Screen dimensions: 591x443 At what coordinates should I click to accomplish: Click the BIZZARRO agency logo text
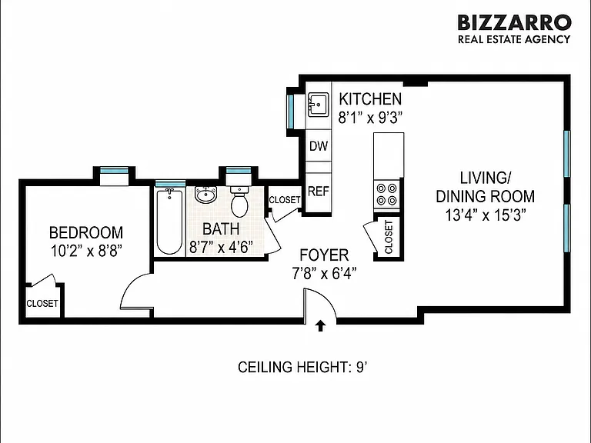pos(514,22)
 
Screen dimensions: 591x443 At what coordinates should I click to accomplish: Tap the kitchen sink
pos(319,105)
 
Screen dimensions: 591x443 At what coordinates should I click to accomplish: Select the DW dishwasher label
pos(319,146)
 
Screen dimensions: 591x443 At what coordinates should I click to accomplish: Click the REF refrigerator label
pos(319,192)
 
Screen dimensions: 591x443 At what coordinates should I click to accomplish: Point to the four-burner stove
pos(387,194)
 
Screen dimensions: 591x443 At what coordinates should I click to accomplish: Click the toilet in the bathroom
pos(239,202)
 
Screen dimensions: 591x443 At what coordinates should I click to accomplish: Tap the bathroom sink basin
pos(205,195)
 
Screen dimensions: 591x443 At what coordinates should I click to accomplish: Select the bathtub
pos(169,221)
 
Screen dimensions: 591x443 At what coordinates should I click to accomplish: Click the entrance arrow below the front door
pos(320,326)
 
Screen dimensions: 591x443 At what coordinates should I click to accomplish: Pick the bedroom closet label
pos(42,303)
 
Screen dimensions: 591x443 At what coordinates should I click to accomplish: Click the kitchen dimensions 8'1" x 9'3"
pos(369,118)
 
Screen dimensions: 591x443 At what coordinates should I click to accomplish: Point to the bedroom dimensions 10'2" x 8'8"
pos(86,251)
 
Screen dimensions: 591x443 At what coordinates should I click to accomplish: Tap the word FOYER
pos(324,255)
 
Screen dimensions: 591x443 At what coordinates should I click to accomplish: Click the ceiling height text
pos(302,367)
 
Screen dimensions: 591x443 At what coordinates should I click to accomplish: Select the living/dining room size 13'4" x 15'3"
pos(486,215)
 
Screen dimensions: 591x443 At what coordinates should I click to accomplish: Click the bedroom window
pos(114,170)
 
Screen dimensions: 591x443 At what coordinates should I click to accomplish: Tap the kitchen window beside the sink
pos(291,112)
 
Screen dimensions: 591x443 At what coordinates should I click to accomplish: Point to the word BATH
pos(221,229)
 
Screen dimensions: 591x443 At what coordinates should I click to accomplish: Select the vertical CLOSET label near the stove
pos(389,237)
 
